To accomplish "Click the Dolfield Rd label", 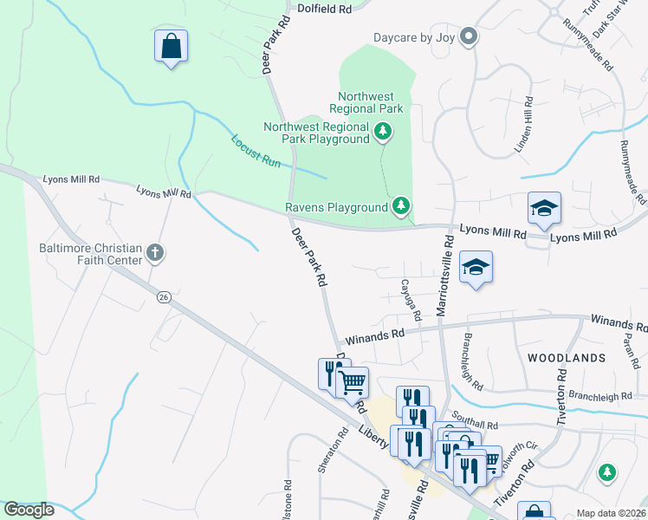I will [x=324, y=8].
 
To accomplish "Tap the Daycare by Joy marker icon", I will [x=469, y=36].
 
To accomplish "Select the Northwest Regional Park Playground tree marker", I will [x=383, y=132].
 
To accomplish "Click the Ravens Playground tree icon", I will [x=400, y=206].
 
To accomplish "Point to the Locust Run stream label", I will [x=256, y=150].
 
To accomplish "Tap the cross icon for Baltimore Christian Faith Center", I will [x=155, y=253].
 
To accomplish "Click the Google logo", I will [x=29, y=510].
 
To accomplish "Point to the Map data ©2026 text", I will [x=611, y=513].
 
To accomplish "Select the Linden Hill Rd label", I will [x=523, y=125].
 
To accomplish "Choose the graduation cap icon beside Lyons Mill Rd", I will [x=544, y=208].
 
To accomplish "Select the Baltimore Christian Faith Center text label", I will [x=78, y=252].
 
